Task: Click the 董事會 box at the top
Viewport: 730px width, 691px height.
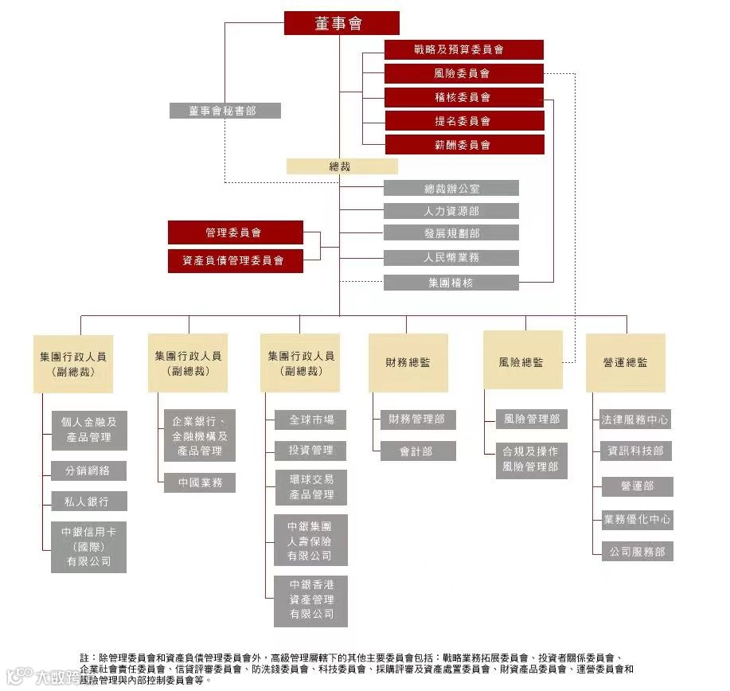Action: coord(342,24)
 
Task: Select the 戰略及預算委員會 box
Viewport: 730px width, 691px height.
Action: coord(464,49)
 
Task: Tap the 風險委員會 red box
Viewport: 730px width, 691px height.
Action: coord(464,74)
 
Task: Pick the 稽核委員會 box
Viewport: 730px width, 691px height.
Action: coord(464,98)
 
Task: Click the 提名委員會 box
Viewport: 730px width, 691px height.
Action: coord(464,121)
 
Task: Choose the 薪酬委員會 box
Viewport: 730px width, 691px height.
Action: coord(464,145)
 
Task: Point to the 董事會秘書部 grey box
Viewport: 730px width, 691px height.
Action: coord(224,111)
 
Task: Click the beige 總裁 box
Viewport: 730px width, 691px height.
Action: coord(342,167)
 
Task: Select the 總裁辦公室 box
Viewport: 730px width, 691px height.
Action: coord(451,189)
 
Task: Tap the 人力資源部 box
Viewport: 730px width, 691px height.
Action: coord(451,211)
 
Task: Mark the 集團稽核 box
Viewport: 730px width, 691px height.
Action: coord(451,283)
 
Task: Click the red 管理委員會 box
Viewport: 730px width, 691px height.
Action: coord(235,232)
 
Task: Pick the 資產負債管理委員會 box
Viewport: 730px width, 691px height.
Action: coord(235,260)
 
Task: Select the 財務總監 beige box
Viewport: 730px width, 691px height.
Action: coord(408,362)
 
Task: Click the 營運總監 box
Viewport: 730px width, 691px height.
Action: coord(625,362)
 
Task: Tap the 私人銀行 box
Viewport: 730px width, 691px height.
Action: coord(88,502)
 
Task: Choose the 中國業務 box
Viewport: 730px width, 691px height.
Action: coord(200,482)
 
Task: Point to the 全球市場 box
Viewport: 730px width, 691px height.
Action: coord(310,420)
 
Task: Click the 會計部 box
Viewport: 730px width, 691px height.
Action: coord(417,451)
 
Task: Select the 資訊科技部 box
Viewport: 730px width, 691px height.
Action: coord(636,451)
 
